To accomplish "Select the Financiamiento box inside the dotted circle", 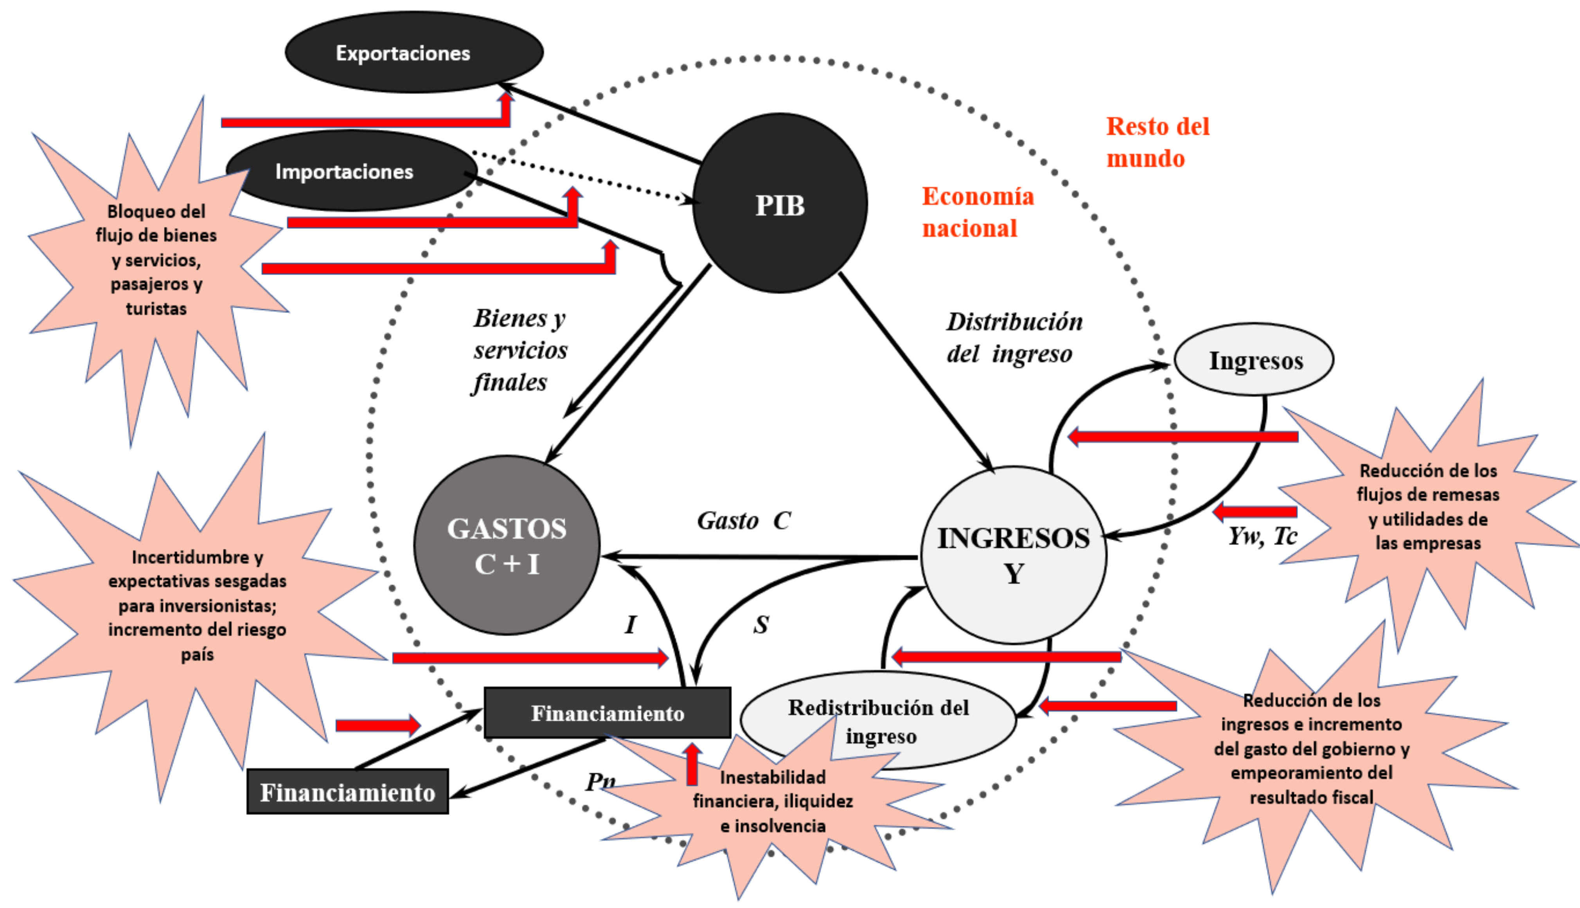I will tap(607, 713).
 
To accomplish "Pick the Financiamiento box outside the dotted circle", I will tap(347, 792).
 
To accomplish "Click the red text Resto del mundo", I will tap(1157, 142).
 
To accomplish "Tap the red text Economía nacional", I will tap(978, 212).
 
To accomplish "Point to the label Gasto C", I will tap(743, 520).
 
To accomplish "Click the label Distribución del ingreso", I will tap(1014, 337).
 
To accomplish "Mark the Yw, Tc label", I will tap(1262, 536).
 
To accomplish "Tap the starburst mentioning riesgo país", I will tap(197, 605).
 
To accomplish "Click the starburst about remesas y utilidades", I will tap(1428, 506).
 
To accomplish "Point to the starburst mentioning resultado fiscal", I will tap(1311, 748).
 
